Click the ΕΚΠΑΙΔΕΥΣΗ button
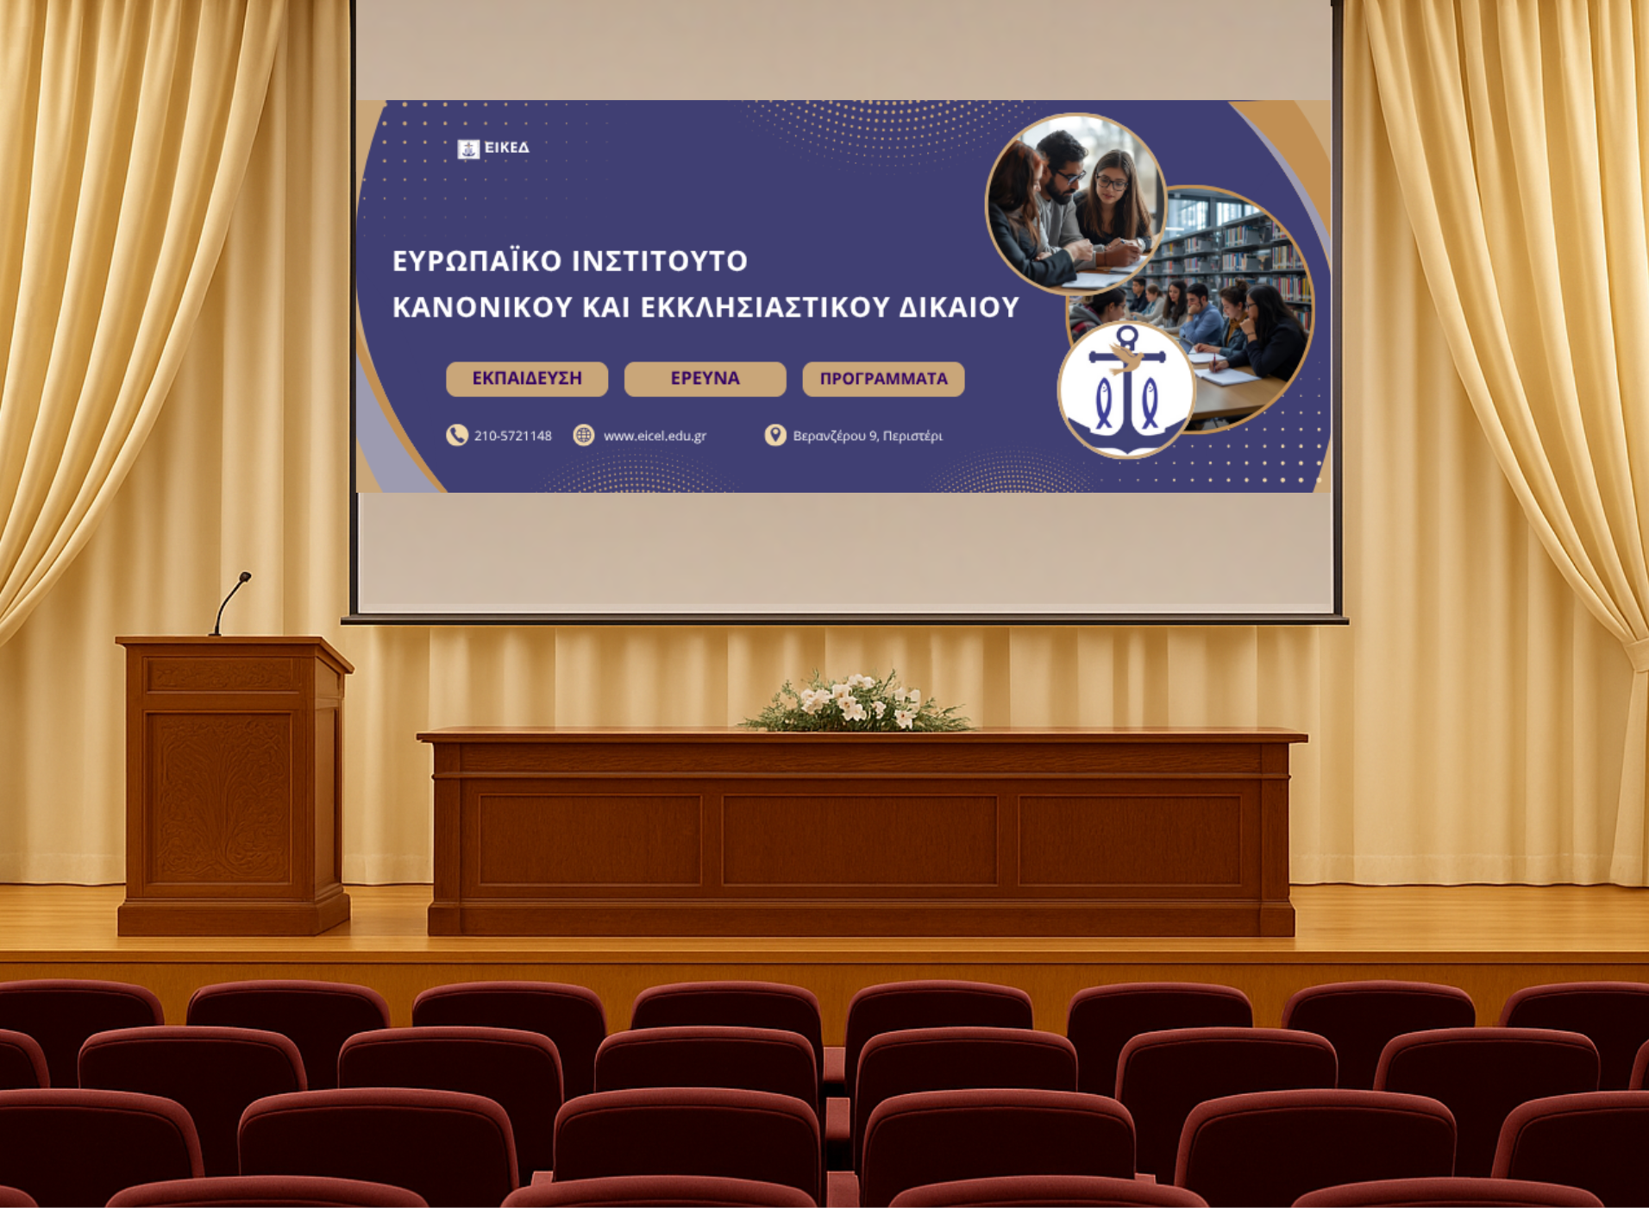coord(527,379)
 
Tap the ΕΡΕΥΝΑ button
coord(705,379)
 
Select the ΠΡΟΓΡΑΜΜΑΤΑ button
coord(883,379)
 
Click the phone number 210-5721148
coord(513,436)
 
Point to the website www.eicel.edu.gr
coord(655,436)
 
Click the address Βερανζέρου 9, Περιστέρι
coord(868,436)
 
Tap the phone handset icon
coord(456,435)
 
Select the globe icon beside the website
coord(584,435)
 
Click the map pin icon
coord(775,435)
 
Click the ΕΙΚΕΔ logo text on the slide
coord(507,148)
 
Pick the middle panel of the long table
coord(860,840)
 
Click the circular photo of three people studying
coord(1075,204)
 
